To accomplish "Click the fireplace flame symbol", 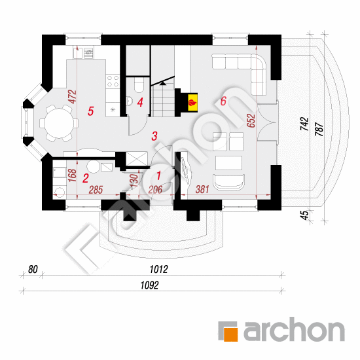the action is [x=192, y=103].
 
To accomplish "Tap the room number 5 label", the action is [x=91, y=111].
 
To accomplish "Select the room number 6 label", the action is [x=223, y=101].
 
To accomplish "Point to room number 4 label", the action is [x=140, y=102].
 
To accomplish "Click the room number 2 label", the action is [x=85, y=179].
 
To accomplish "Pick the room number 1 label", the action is [x=158, y=175].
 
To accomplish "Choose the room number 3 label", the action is [x=154, y=136].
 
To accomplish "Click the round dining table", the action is [x=59, y=123].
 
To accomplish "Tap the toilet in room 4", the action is [x=139, y=84].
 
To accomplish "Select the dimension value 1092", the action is [x=149, y=285].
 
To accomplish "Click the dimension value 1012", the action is [x=158, y=269].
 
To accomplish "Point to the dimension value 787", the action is [x=319, y=129].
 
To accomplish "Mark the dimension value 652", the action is [x=251, y=120].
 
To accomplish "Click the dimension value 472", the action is [x=72, y=97].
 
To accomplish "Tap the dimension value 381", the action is [x=202, y=189].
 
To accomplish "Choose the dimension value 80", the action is [x=33, y=269].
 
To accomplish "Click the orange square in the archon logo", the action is [x=230, y=334].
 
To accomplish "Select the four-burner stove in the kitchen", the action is [x=113, y=81].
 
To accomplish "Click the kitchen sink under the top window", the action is [x=88, y=52].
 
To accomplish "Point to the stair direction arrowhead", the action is [x=163, y=83].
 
